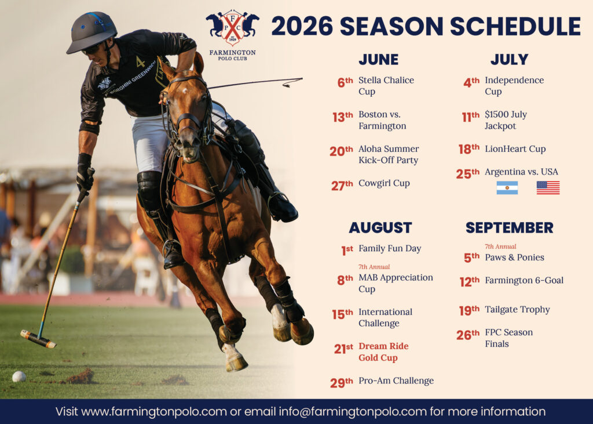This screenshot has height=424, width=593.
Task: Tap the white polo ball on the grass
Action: [19, 376]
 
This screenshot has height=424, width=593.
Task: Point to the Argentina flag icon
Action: [507, 187]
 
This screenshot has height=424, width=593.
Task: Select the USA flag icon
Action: [548, 187]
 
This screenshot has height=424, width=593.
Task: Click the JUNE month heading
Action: [379, 60]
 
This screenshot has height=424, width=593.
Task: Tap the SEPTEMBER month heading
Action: [510, 228]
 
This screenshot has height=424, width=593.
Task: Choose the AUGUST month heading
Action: [380, 228]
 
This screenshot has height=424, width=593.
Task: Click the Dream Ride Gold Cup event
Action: [383, 351]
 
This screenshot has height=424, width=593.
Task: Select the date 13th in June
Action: [343, 117]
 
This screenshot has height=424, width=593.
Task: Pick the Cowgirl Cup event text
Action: [384, 183]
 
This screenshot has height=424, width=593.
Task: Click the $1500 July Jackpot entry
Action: [506, 120]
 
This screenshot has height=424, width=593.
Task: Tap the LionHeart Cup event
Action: [515, 149]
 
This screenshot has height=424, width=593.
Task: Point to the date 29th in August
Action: [342, 383]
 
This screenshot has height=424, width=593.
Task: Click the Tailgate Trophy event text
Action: [517, 310]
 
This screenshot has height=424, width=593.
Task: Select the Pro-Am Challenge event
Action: [396, 380]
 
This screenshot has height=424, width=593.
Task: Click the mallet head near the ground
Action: [38, 339]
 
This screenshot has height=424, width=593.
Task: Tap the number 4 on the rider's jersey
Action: [140, 62]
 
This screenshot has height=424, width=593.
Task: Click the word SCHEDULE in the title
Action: [515, 26]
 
